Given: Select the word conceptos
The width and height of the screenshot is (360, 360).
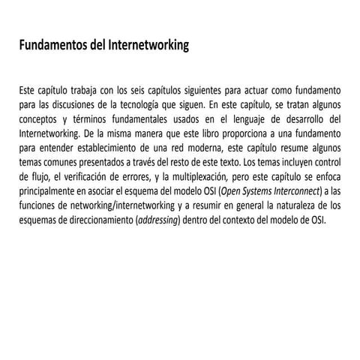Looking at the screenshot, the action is coord(40,118).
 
